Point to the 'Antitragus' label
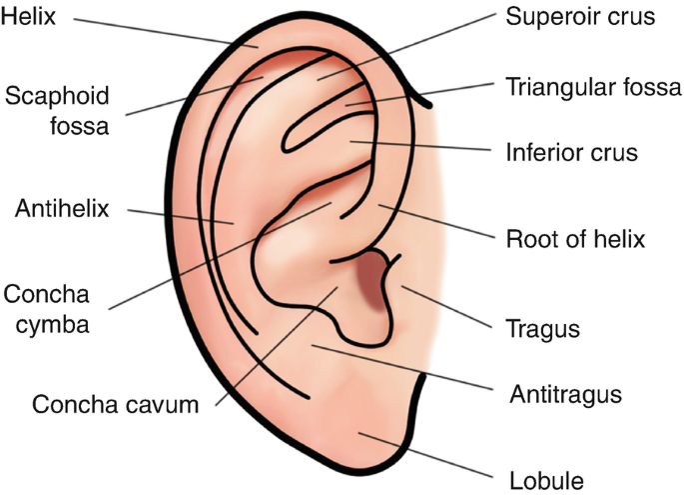tap(565, 394)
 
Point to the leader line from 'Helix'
tap(160, 31)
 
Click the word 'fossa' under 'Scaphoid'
tap(57, 127)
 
